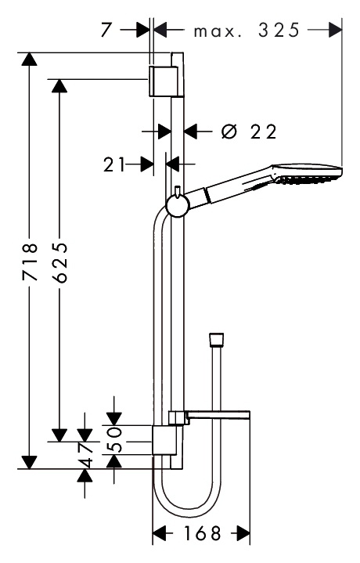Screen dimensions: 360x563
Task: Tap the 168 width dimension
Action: coord(203,533)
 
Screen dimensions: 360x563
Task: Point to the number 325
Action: coord(279,31)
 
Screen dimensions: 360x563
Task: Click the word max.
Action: coord(217,32)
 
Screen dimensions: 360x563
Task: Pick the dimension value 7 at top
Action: coord(106,31)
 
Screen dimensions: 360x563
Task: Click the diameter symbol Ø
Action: coord(229,132)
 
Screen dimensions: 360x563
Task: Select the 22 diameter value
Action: coord(264,132)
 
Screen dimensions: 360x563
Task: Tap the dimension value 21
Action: coord(114,164)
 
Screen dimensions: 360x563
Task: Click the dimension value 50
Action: coord(114,439)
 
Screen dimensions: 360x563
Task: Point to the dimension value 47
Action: coord(85,455)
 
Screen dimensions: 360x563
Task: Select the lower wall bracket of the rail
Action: coord(165,440)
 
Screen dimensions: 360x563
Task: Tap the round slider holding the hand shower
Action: coord(178,207)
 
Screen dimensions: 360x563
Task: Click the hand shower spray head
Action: coord(308,174)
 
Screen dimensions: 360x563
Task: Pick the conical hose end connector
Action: coord(217,340)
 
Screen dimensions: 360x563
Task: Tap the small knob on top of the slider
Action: coord(178,190)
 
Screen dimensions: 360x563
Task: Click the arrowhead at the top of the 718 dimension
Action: coord(29,59)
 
